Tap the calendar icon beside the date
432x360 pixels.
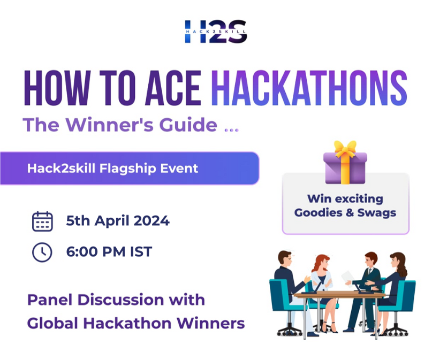click(x=42, y=221)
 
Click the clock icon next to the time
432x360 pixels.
click(x=42, y=252)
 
